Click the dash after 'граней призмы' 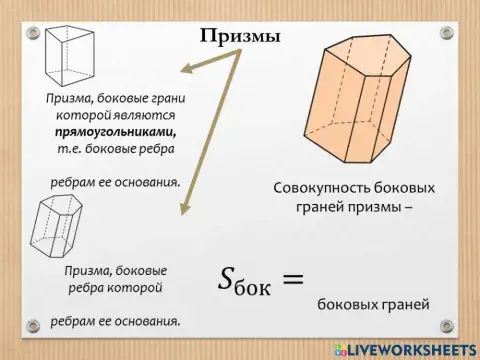409,208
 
